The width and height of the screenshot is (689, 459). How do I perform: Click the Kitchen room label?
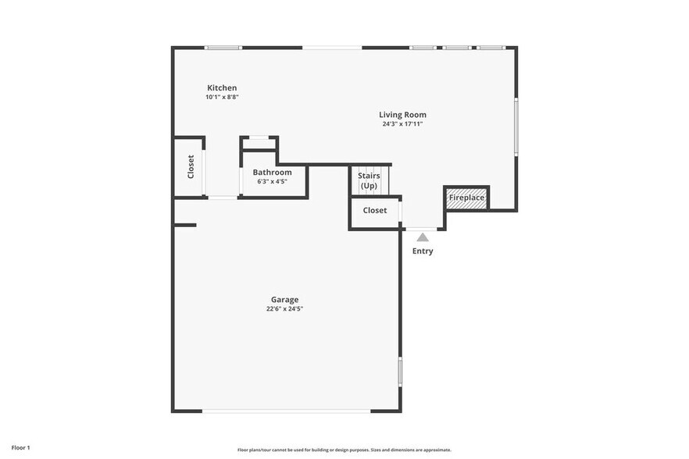222,88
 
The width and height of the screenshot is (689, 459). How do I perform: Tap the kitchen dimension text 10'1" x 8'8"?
222,98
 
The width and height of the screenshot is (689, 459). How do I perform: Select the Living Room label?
402,115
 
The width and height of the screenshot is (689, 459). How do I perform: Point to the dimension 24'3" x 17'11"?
402,124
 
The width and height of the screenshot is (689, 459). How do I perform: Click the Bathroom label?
272,173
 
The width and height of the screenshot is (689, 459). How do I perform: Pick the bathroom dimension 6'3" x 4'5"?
272,182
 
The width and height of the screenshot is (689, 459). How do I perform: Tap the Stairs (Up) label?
369,181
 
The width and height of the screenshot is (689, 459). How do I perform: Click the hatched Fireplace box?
467,198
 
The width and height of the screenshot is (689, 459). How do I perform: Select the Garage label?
284,300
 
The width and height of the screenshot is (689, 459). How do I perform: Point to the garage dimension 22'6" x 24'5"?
284,309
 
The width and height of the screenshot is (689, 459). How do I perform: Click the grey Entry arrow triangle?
423,237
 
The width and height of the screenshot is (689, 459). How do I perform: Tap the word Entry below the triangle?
423,251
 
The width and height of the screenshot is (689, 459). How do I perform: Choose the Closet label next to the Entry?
375,211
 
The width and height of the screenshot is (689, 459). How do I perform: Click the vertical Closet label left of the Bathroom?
191,167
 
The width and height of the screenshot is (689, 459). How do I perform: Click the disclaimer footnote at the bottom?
344,450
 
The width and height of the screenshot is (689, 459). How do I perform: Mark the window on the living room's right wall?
516,126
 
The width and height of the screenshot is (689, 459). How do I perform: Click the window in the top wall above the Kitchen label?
223,48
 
